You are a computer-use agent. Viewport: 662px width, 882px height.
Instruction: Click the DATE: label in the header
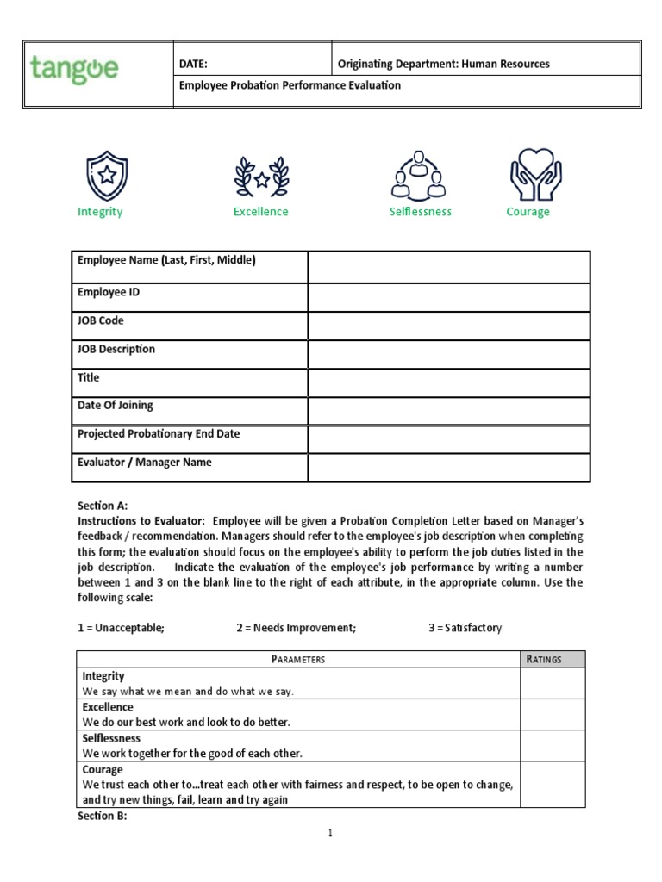click(x=194, y=64)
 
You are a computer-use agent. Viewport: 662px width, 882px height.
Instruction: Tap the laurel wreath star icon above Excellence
click(x=260, y=175)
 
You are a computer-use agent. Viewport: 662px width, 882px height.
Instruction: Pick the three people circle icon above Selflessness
click(x=419, y=175)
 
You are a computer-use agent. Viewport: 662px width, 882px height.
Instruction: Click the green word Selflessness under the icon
click(x=420, y=212)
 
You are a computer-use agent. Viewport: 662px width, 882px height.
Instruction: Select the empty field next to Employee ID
click(x=448, y=297)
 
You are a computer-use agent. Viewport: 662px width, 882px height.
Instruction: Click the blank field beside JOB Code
click(x=448, y=326)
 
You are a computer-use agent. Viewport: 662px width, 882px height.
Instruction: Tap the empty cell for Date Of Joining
click(x=448, y=411)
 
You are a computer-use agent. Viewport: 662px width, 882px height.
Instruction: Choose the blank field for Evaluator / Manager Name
click(x=448, y=468)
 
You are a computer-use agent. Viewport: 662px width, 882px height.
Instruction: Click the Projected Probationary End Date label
click(x=159, y=434)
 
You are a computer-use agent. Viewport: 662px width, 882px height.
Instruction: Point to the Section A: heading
click(x=103, y=506)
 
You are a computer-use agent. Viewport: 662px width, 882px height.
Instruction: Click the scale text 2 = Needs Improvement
click(x=296, y=628)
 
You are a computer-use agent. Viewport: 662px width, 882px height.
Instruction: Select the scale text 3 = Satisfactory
click(x=465, y=628)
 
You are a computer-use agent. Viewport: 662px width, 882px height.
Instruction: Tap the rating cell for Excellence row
click(x=552, y=714)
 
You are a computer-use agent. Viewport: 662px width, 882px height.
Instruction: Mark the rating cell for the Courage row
click(x=552, y=784)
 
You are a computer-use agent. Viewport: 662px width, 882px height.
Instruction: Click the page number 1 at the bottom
click(x=330, y=834)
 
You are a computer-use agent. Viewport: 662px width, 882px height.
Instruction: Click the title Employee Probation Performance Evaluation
click(x=290, y=86)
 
